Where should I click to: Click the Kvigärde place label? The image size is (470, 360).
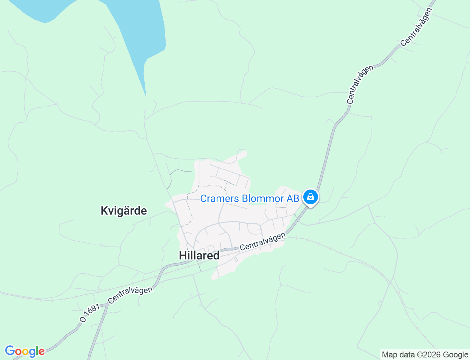pyautogui.click(x=124, y=211)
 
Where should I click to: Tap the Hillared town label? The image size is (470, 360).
pyautogui.click(x=199, y=256)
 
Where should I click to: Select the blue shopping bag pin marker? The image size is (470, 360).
pyautogui.click(x=311, y=197)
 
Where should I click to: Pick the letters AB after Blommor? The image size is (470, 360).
pyautogui.click(x=293, y=199)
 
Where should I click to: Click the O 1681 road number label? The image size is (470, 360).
pyautogui.click(x=90, y=313)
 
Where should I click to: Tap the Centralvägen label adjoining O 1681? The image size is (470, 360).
pyautogui.click(x=130, y=295)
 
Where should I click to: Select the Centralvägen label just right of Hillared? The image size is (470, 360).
pyautogui.click(x=263, y=242)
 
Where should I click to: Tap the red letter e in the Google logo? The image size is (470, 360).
pyautogui.click(x=41, y=352)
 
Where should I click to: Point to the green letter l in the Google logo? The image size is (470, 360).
pyautogui.click(x=37, y=351)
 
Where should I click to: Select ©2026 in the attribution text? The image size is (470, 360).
pyautogui.click(x=429, y=355)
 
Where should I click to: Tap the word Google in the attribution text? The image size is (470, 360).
pyautogui.click(x=456, y=355)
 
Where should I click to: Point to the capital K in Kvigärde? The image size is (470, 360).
pyautogui.click(x=104, y=211)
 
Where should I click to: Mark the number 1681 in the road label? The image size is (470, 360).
pyautogui.click(x=92, y=311)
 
